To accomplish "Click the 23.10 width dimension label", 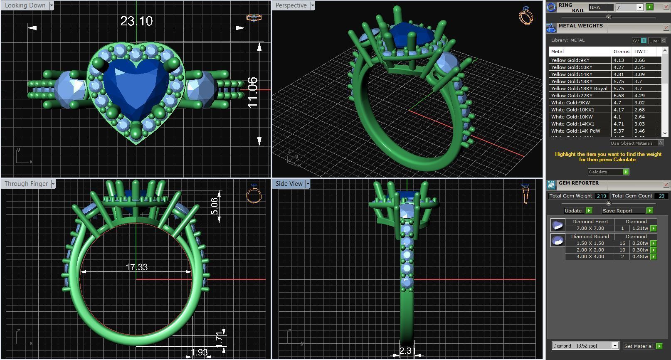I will (136, 21).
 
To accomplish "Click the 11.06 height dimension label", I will (252, 92).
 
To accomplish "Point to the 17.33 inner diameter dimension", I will (137, 267).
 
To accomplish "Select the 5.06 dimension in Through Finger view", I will (214, 206).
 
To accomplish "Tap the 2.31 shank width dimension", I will (407, 351).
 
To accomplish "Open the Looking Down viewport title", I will (25, 5).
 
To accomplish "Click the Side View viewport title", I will (289, 184).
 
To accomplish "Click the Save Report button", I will (617, 211).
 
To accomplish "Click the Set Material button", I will (638, 346).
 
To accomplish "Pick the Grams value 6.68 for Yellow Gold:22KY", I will (619, 96).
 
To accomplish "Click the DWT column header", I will (640, 52).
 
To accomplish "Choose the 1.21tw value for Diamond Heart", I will (640, 228).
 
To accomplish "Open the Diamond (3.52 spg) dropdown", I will (585, 346).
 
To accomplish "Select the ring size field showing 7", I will (627, 7).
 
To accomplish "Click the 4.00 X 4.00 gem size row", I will (590, 256).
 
